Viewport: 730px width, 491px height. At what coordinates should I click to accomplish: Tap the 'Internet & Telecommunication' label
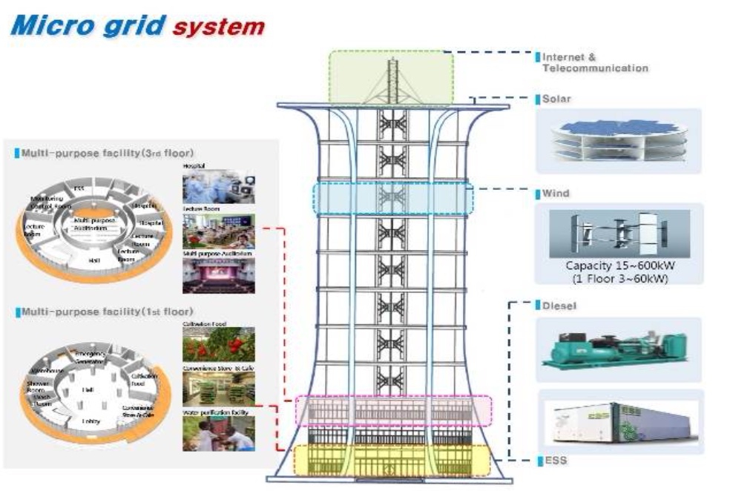594,62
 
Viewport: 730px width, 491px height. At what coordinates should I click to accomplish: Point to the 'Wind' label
556,194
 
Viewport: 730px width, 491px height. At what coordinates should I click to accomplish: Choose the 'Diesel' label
559,305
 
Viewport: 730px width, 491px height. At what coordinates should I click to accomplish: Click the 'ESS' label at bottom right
556,461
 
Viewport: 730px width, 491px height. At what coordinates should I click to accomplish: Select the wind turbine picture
619,234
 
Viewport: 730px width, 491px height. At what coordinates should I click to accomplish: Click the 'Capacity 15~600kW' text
619,267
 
